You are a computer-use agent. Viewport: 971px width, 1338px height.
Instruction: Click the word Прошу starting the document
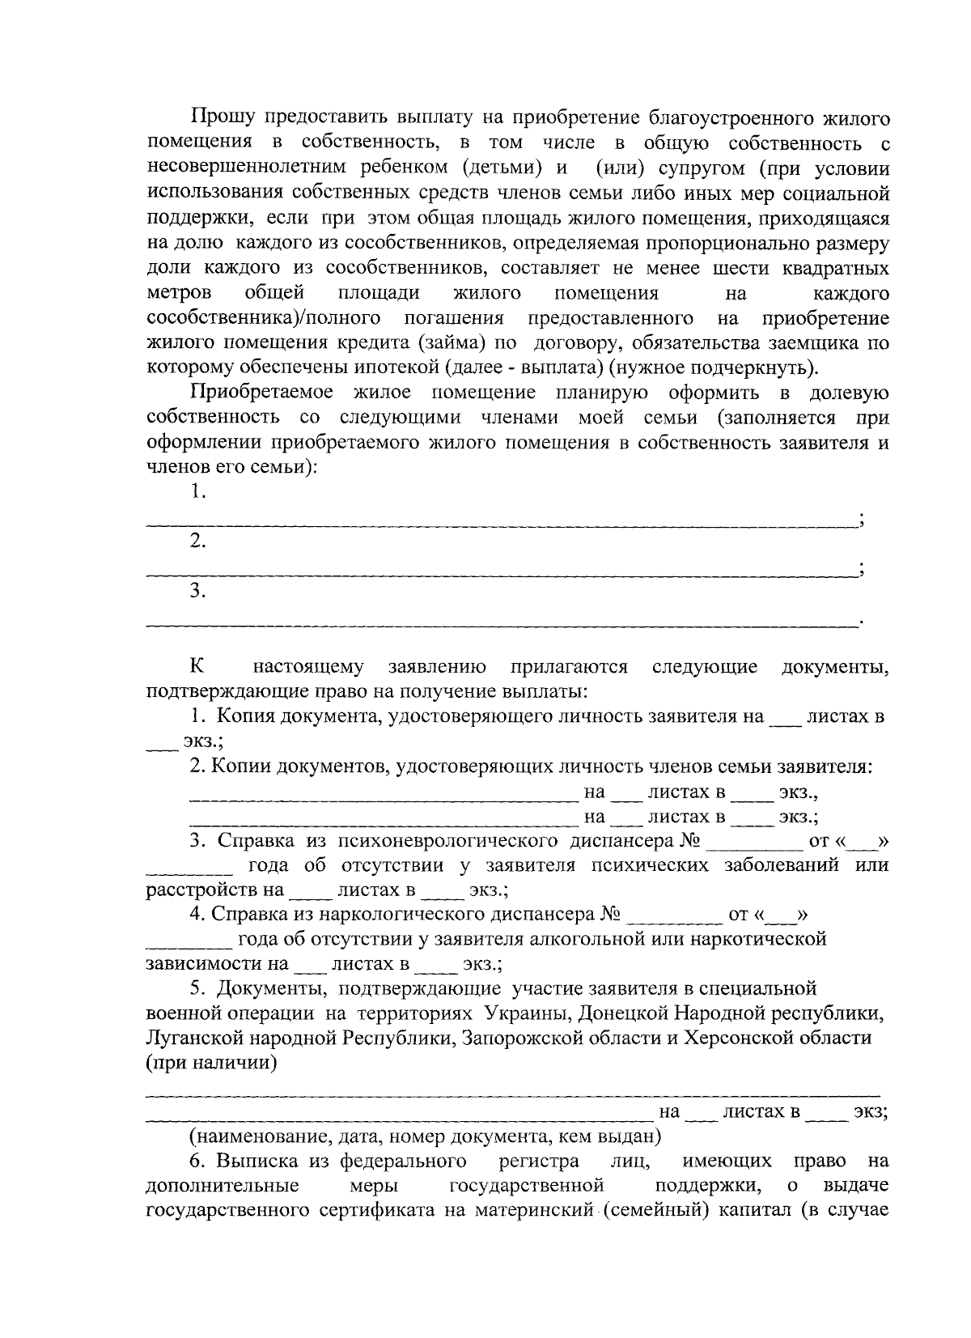(222, 119)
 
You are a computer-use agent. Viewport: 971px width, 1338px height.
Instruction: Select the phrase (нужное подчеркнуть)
(713, 368)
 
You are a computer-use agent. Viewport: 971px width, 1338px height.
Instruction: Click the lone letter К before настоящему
(197, 667)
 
